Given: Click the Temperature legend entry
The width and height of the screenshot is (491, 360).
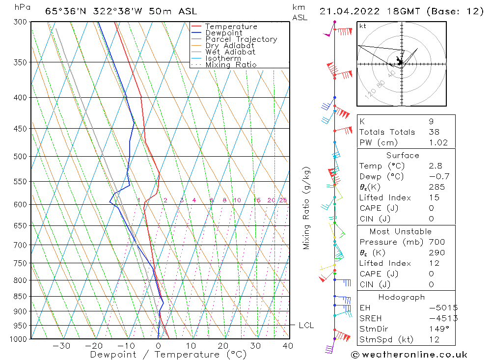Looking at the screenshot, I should (x=231, y=27).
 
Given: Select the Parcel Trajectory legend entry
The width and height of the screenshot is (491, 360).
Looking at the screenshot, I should (x=241, y=39).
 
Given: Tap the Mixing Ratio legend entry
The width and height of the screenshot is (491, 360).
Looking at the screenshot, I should (x=231, y=65).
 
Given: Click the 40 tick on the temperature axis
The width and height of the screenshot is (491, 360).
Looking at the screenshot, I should (x=288, y=346).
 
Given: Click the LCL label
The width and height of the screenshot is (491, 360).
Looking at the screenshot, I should (x=306, y=325).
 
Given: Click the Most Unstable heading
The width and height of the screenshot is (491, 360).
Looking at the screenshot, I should (x=401, y=231).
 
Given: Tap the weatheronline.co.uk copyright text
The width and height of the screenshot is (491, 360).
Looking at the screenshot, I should (x=409, y=355).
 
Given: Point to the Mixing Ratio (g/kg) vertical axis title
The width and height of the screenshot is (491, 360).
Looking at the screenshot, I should (x=306, y=208).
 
